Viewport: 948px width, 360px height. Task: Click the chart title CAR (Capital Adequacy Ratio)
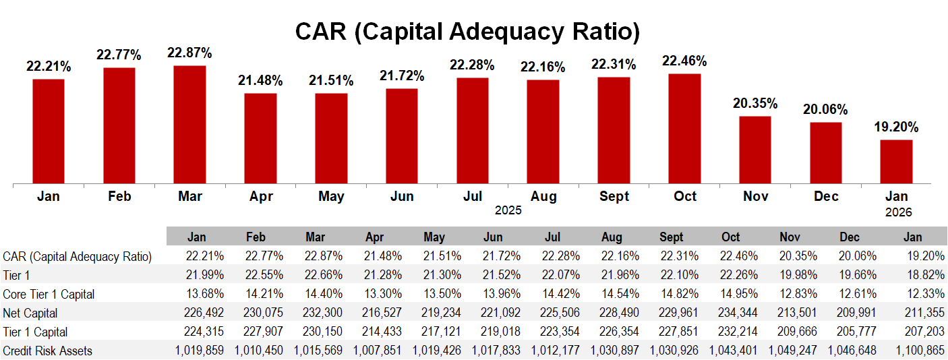[467, 31]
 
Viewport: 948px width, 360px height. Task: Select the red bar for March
[189, 124]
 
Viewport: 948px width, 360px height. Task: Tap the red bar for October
[684, 128]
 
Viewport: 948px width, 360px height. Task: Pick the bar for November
[755, 150]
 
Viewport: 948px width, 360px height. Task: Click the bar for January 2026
[896, 161]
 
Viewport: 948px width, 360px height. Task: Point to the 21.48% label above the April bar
[260, 81]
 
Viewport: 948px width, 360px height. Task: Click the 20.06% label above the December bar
[825, 110]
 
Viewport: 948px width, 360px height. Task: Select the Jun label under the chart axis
[402, 196]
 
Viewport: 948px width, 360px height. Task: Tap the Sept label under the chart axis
[614, 196]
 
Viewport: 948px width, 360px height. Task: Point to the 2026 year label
[898, 212]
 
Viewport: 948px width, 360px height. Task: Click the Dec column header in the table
[850, 237]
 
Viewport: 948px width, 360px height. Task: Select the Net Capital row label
[30, 313]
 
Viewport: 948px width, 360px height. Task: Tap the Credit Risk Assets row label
[47, 351]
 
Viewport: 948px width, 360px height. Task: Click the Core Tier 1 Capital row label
[49, 294]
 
